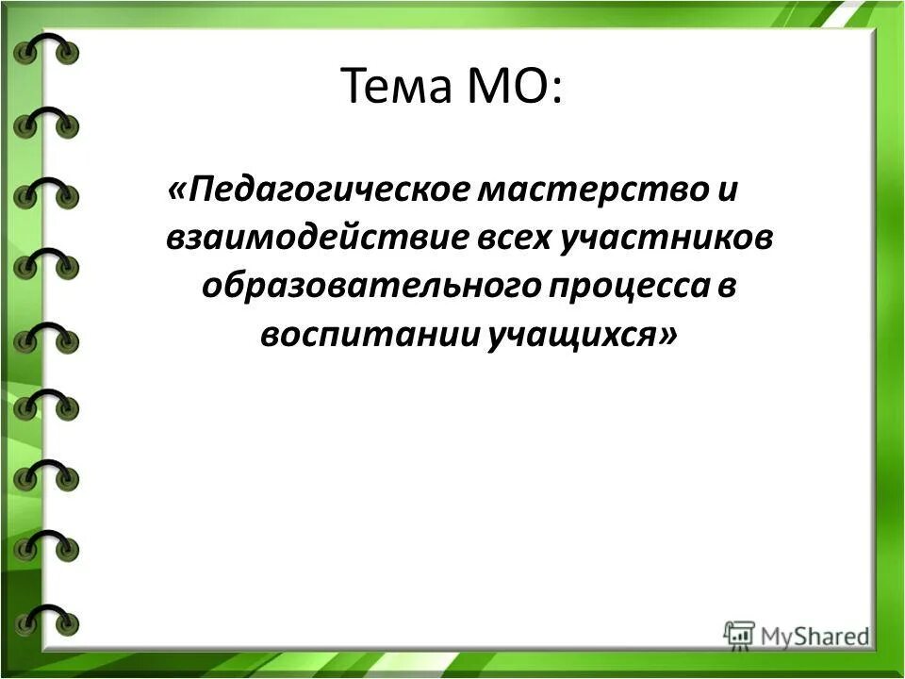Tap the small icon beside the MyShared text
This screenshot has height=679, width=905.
(740, 634)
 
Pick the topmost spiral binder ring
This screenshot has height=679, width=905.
(46, 48)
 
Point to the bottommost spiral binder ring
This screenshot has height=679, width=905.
(46, 618)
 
